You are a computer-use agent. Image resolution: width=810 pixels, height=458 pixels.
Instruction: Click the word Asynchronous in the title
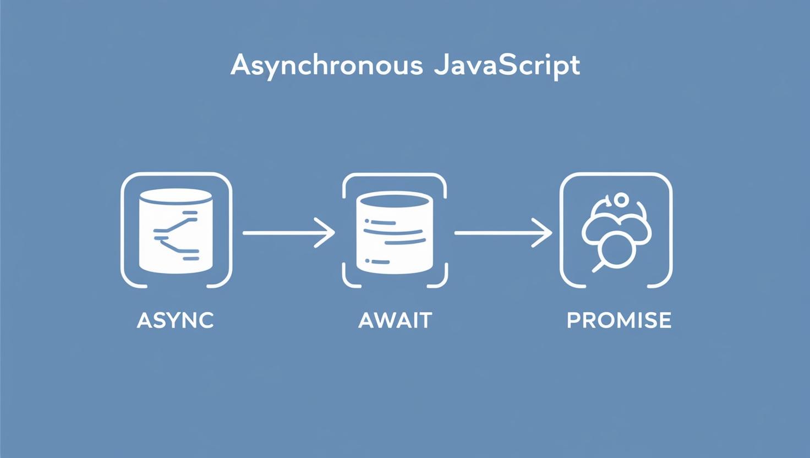pyautogui.click(x=326, y=66)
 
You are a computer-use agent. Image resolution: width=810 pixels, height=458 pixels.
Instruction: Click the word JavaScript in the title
pyautogui.click(x=507, y=66)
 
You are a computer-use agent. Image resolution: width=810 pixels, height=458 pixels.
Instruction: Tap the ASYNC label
pyautogui.click(x=175, y=320)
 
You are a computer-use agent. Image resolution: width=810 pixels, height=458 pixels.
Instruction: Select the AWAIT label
pyautogui.click(x=395, y=320)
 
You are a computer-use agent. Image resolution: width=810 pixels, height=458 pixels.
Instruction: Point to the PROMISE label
pyautogui.click(x=619, y=320)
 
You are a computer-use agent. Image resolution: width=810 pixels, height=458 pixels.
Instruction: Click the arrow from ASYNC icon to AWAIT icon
pyautogui.click(x=288, y=233)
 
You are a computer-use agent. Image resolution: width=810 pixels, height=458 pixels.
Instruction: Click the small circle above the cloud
pyautogui.click(x=621, y=199)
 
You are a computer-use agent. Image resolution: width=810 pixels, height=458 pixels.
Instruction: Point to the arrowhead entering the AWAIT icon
pyautogui.click(x=327, y=233)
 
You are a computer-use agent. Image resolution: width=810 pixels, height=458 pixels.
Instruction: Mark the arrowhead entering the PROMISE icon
pyautogui.click(x=544, y=233)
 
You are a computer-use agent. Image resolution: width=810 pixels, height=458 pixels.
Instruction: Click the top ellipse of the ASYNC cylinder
pyautogui.click(x=176, y=196)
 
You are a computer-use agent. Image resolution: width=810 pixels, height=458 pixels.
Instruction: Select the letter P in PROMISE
pyautogui.click(x=573, y=320)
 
